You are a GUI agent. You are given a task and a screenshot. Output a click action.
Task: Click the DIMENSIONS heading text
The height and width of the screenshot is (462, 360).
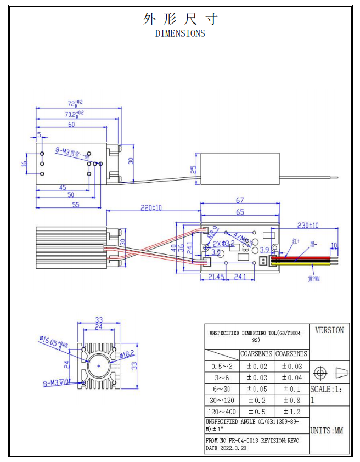click(180, 33)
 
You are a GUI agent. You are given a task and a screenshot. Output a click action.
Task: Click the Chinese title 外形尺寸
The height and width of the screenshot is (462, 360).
click(180, 19)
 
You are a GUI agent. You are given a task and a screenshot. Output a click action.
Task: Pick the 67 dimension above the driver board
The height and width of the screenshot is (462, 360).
click(240, 201)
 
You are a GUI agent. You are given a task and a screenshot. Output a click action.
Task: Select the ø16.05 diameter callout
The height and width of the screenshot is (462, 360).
click(54, 343)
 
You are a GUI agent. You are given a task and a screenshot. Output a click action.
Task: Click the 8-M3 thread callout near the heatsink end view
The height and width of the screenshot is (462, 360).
click(56, 382)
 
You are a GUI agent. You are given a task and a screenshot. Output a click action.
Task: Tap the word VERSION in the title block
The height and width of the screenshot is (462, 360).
click(329, 330)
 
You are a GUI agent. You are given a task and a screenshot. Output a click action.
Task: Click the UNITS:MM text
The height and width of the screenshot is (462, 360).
click(327, 431)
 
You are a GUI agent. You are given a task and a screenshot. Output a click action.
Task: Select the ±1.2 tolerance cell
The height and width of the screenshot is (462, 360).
click(291, 412)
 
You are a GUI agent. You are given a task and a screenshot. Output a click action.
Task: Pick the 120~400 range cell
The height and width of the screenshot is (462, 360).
click(222, 412)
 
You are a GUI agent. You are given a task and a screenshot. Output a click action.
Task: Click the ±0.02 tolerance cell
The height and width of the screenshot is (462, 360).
click(257, 366)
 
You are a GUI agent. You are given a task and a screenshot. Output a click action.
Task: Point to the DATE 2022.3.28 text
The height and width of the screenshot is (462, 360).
click(226, 448)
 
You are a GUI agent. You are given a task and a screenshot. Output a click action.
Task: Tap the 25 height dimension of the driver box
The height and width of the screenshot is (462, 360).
click(193, 170)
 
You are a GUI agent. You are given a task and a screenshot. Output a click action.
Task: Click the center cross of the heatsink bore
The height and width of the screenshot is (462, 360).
click(99, 365)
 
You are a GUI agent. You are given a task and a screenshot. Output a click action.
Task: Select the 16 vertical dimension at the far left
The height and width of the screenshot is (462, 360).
click(25, 164)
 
